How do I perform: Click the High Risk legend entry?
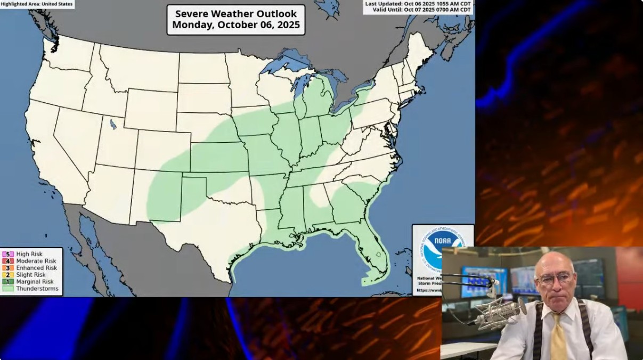click(29, 255)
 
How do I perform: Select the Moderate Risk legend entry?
click(36, 261)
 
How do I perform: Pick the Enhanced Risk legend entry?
click(36, 268)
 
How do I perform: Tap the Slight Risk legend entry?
click(31, 275)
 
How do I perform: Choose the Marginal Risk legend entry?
click(35, 282)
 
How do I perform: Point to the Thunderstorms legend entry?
click(37, 289)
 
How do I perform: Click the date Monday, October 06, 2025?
click(236, 25)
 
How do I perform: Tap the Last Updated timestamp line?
click(418, 3)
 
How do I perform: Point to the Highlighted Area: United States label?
click(37, 4)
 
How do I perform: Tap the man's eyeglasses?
click(555, 279)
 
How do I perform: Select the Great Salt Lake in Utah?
click(113, 125)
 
